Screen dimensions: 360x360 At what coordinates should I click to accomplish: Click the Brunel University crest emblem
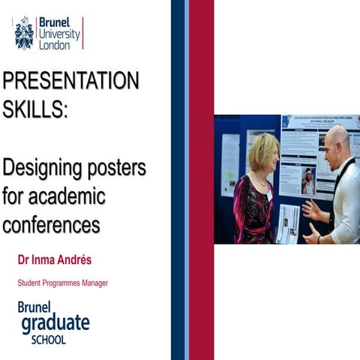point(24,33)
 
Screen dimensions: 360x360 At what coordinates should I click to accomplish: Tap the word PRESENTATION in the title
point(70,80)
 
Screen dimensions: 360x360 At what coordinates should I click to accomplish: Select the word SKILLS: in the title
point(35,110)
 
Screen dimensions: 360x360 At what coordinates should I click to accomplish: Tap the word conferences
point(51,223)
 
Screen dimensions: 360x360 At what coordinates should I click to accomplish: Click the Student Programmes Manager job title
point(63,283)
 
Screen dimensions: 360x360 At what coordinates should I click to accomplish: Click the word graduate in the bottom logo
point(55,323)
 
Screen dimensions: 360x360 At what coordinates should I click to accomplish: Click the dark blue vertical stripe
point(177,180)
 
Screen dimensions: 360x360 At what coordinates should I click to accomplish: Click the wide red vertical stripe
point(201,180)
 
